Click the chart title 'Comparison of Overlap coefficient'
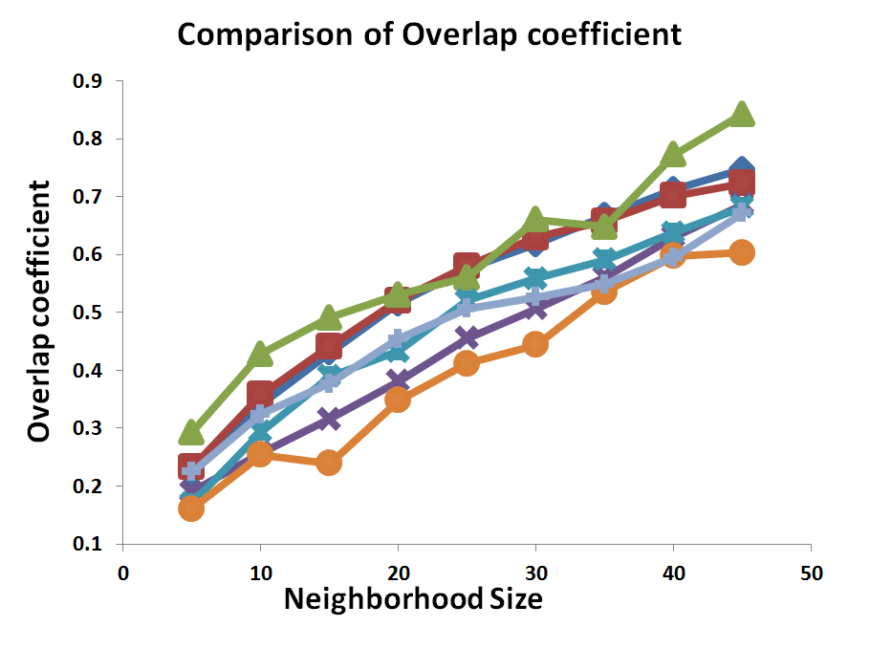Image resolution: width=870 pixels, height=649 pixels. pyautogui.click(x=428, y=34)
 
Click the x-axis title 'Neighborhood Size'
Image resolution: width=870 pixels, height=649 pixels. pyautogui.click(x=413, y=599)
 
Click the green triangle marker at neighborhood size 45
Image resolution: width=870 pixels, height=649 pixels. pyautogui.click(x=742, y=116)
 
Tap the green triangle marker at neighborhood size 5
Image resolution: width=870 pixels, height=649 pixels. pyautogui.click(x=191, y=433)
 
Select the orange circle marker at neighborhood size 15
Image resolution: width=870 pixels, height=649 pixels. pyautogui.click(x=329, y=463)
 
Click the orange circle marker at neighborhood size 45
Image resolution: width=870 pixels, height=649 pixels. pyautogui.click(x=742, y=252)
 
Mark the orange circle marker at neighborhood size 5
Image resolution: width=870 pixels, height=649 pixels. pyautogui.click(x=191, y=508)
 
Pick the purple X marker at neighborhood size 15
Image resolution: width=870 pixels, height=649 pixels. pyautogui.click(x=329, y=419)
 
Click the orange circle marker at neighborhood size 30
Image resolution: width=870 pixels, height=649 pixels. pyautogui.click(x=535, y=344)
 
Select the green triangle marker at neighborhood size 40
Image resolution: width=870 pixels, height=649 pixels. pyautogui.click(x=673, y=154)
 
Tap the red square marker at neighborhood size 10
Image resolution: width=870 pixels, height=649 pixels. pyautogui.click(x=260, y=393)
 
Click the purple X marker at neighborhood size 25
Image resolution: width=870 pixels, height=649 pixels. pyautogui.click(x=467, y=337)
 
